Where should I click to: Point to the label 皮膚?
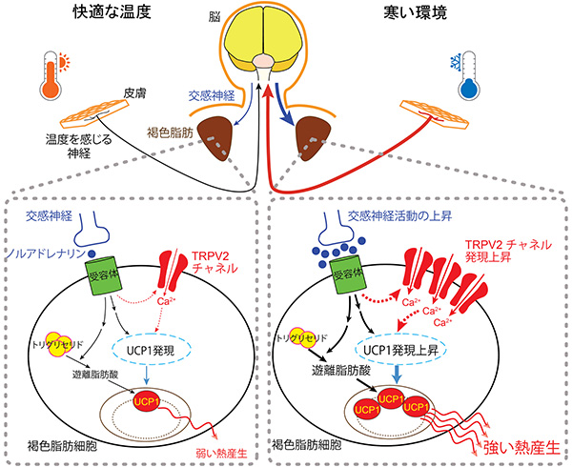coord(133,95)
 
